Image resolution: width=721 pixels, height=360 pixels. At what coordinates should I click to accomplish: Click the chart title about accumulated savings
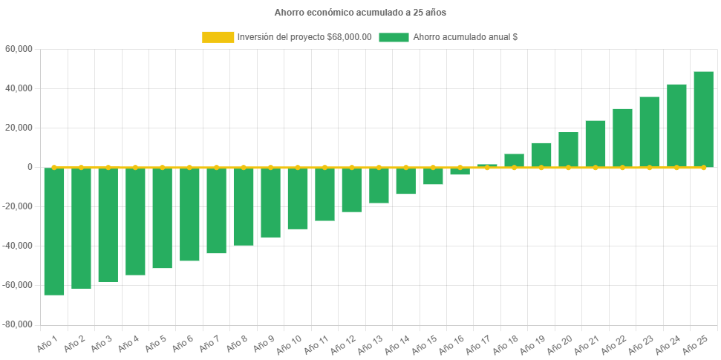tap(360, 13)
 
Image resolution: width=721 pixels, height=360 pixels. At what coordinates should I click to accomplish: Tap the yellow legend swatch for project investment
tap(218, 37)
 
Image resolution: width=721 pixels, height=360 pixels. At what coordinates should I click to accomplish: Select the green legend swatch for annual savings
tap(394, 37)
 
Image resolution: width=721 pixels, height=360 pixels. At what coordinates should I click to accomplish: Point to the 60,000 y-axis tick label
tap(19, 49)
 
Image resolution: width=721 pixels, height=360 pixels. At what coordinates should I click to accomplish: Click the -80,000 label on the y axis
tap(17, 324)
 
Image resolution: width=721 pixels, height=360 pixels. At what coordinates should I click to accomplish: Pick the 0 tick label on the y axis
tap(30, 167)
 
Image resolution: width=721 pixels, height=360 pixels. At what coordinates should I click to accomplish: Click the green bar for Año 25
tap(703, 120)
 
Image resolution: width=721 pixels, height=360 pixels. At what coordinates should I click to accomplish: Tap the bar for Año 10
tap(298, 199)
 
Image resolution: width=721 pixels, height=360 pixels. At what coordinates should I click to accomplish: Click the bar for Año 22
tap(622, 138)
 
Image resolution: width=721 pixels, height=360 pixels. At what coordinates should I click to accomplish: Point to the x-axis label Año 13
tap(373, 342)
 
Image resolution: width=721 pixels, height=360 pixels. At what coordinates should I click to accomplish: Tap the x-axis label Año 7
tap(211, 342)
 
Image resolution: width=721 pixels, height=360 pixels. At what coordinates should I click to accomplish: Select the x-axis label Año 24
tap(671, 342)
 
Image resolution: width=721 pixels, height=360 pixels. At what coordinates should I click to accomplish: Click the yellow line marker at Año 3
tap(108, 167)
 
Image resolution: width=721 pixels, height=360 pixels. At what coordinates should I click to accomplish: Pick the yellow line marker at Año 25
tap(703, 167)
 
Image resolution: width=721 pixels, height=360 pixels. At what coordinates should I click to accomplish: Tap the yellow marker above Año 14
tap(405, 167)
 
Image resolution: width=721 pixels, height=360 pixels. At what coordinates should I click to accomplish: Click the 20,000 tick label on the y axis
tap(19, 128)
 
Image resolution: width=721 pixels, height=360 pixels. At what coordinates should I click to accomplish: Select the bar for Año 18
tap(514, 160)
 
